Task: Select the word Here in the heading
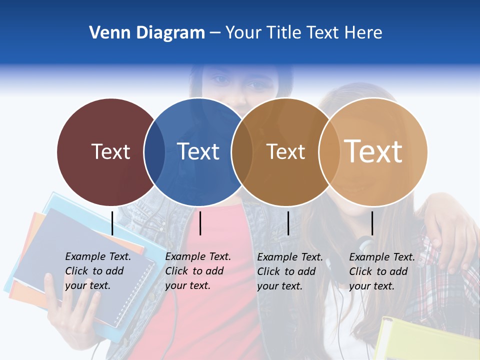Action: coord(363,33)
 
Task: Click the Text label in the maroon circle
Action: coord(110,151)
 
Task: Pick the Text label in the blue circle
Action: coord(198,151)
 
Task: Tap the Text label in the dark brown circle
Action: coord(285,151)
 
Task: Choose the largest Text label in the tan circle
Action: coord(373,151)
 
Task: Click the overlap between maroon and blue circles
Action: coord(154,152)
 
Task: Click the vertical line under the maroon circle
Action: coord(112,223)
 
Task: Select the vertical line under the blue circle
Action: coord(200,223)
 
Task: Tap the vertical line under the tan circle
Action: coord(372,223)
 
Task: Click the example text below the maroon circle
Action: coord(98,271)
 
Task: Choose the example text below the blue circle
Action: coord(198,271)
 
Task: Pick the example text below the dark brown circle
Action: coord(290,271)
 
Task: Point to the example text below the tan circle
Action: coord(382,271)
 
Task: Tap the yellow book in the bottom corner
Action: coord(425,340)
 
